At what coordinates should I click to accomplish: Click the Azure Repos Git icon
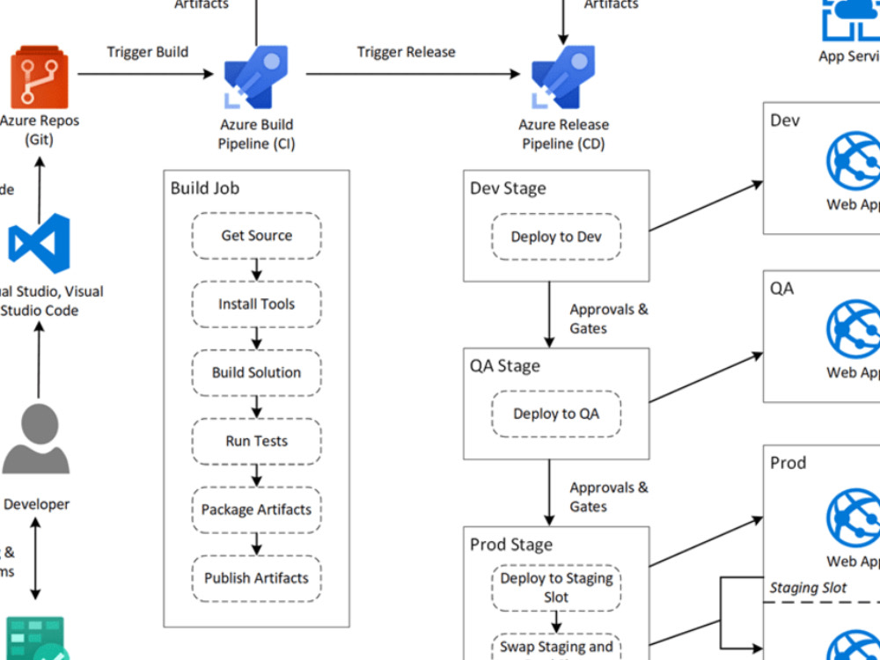coord(39,79)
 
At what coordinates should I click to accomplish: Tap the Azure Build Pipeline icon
coord(256,77)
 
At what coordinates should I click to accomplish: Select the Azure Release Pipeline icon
coord(563,77)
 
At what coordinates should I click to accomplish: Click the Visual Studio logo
coord(39,243)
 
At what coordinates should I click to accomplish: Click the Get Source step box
coord(257,236)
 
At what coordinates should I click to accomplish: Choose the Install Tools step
coord(257,304)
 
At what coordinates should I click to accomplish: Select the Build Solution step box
coord(257,372)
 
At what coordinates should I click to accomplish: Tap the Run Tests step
coord(257,441)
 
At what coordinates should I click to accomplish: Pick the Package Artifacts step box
coord(257,510)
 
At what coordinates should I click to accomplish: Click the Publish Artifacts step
coord(257,578)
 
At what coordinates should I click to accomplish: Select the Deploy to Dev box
coord(556,237)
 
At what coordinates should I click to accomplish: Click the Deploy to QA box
coord(556,414)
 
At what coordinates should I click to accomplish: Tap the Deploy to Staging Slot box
coord(556,588)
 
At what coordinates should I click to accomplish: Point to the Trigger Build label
coord(148,52)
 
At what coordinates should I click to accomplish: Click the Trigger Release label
coord(406,52)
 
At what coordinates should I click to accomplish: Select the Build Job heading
coord(204,188)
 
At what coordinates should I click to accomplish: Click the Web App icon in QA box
coord(853,330)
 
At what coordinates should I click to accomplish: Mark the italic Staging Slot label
coord(808,588)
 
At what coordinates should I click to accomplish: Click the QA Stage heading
coord(505,366)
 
